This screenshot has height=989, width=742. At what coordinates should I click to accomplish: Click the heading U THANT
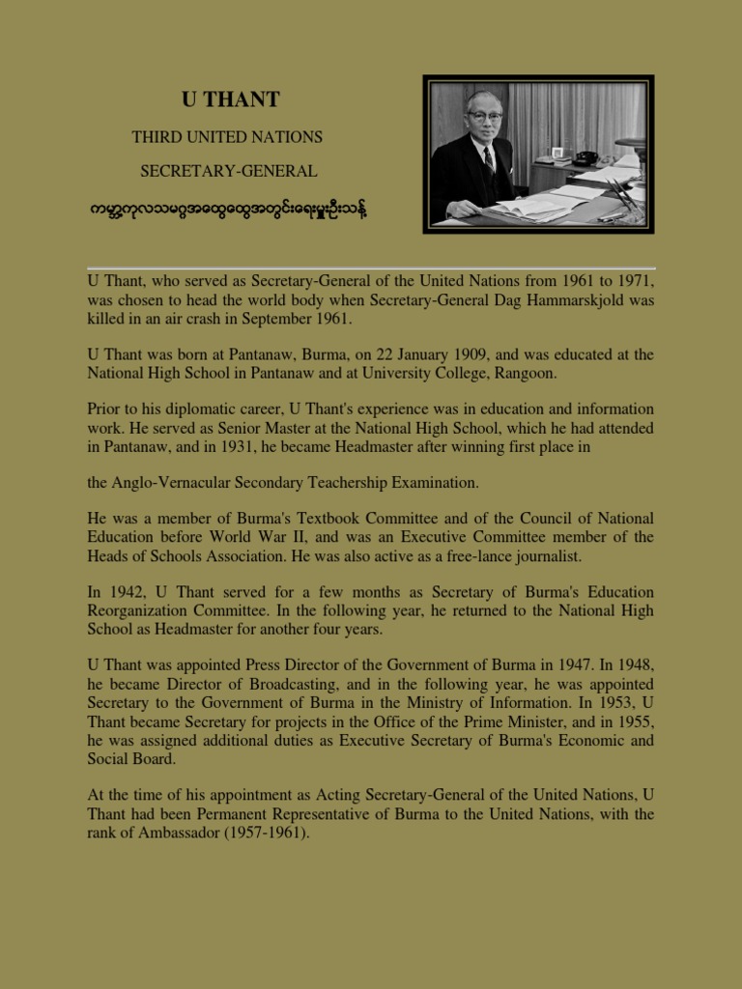(231, 99)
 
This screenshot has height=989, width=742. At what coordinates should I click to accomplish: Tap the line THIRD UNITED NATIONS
(227, 137)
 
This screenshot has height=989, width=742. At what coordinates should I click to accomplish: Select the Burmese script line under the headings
(228, 207)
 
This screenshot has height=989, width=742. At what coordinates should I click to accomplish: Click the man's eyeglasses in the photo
(483, 117)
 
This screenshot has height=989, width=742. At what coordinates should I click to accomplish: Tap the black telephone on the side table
(585, 156)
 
